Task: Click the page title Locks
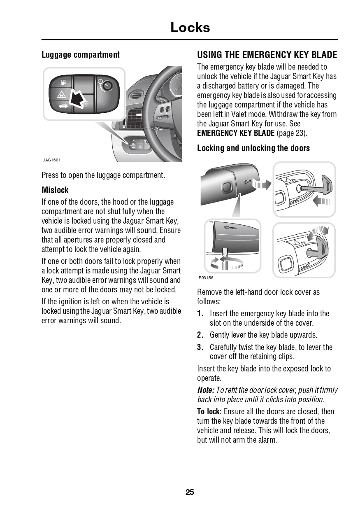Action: pos(190,28)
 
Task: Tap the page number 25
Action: pos(190,492)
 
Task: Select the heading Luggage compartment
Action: pos(80,55)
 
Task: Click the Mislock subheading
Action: pos(55,190)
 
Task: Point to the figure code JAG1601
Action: pos(51,160)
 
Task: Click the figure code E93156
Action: pos(206,278)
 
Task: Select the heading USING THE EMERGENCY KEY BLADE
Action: pos(267,55)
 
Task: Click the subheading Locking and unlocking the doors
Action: pos(253,148)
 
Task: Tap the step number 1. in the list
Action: pos(200,314)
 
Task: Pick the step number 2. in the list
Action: pos(200,335)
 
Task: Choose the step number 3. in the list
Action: pos(200,348)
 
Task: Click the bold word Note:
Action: pos(206,390)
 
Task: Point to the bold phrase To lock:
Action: pos(209,412)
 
